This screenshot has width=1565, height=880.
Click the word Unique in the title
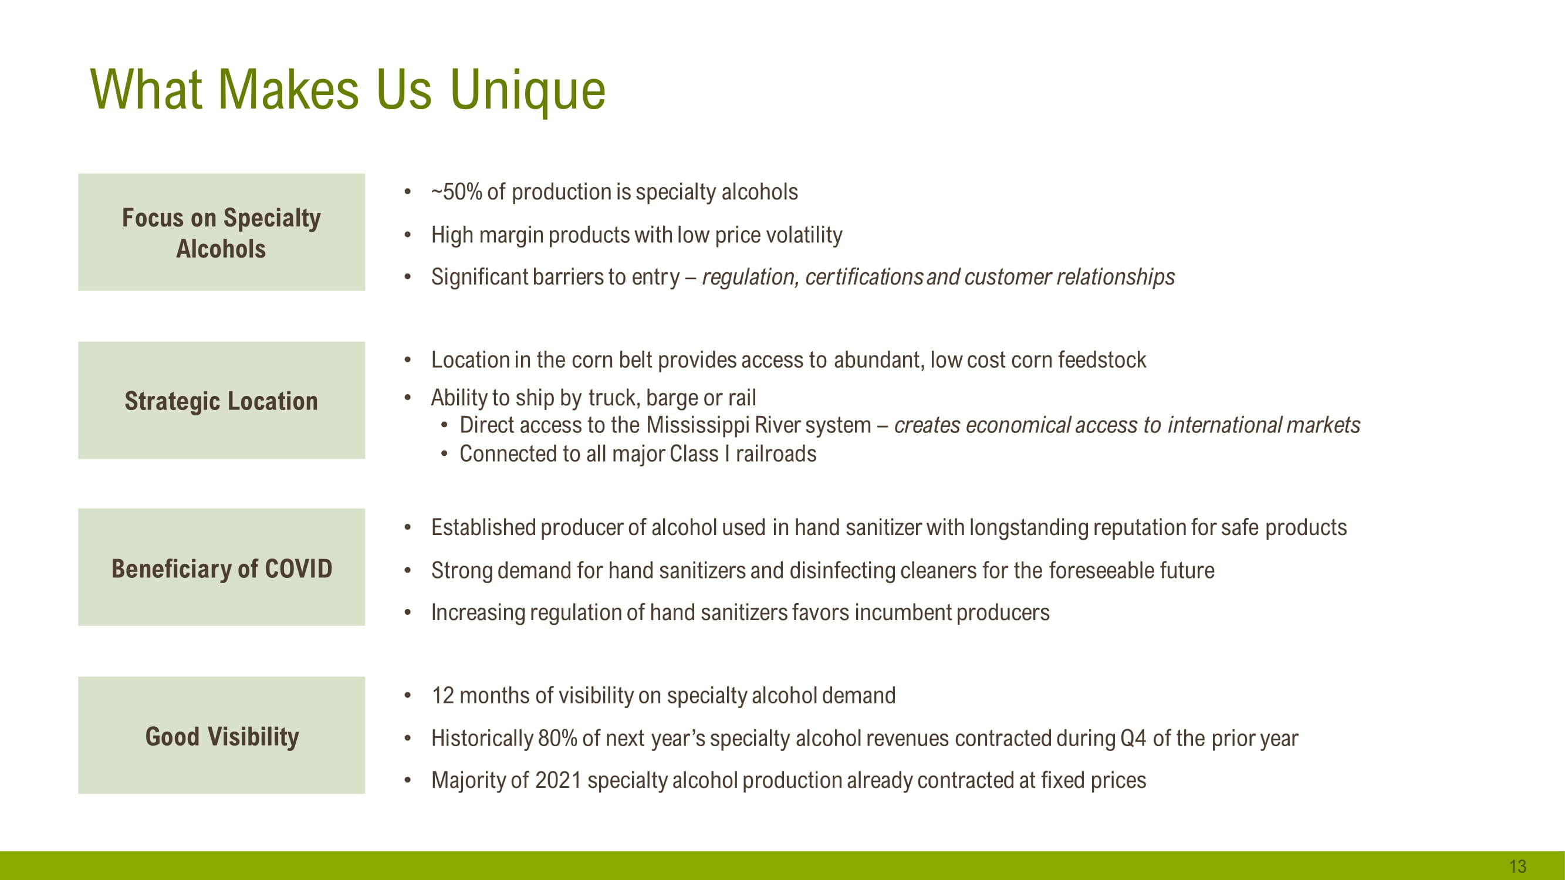pos(528,91)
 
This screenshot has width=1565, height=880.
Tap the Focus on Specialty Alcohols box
pos(221,232)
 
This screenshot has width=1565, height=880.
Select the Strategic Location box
pos(221,400)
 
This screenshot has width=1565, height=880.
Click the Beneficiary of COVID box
pos(221,567)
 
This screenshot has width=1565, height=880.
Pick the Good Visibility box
pos(221,736)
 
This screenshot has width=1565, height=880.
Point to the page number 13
pos(1517,866)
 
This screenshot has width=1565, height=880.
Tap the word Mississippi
pos(698,426)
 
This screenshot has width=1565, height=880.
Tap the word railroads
pos(776,454)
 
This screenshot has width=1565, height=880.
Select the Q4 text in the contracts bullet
pos(1133,739)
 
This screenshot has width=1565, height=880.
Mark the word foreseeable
pos(1101,571)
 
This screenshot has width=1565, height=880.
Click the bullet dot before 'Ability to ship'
pos(408,398)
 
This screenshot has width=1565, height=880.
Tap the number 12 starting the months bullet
pos(443,696)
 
